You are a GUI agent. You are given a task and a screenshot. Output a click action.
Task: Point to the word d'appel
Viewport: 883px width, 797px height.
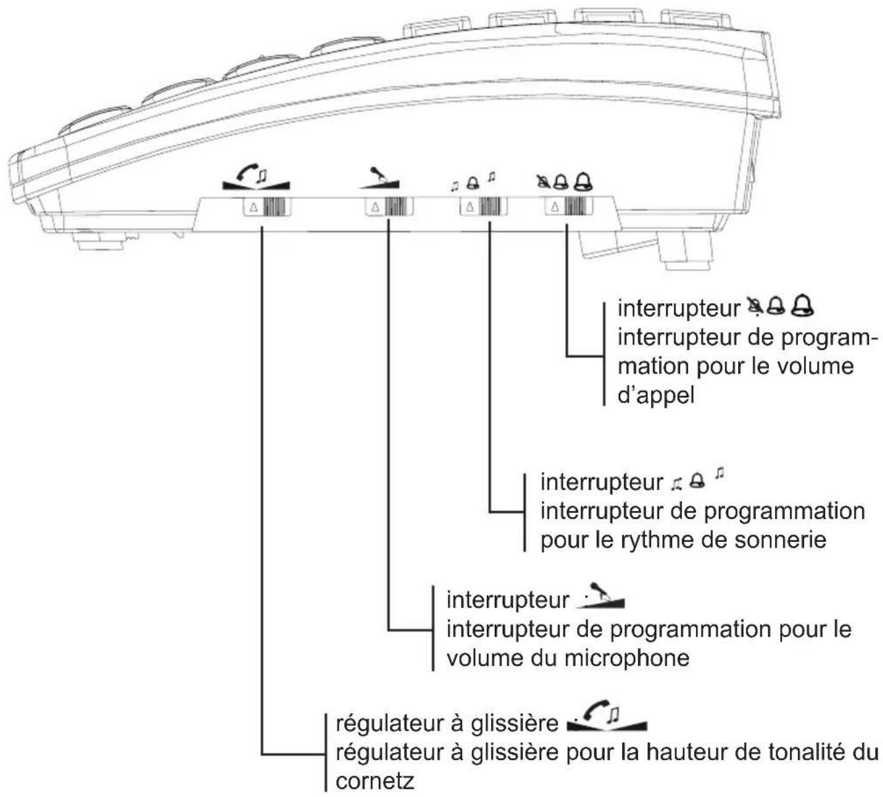pyautogui.click(x=656, y=395)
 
